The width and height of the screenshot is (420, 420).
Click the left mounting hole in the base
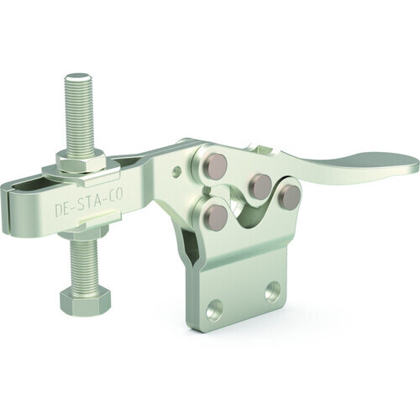point(214,309)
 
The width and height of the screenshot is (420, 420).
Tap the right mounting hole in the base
point(273,291)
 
